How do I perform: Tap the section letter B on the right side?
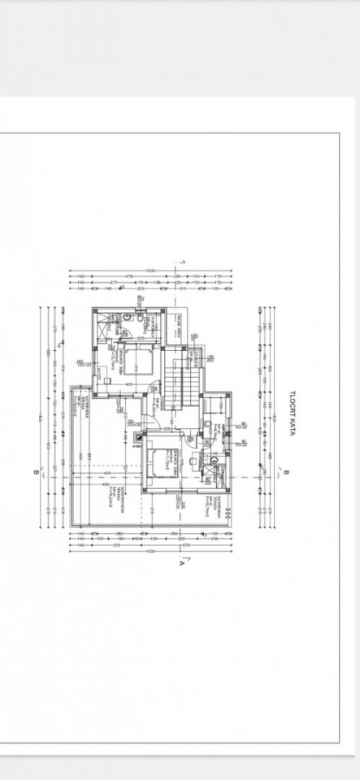[x=284, y=472]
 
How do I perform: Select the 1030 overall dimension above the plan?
[x=151, y=271]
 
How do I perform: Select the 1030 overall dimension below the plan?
[x=151, y=552]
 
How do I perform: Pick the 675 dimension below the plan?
[x=187, y=545]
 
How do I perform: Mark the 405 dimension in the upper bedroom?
[x=129, y=383]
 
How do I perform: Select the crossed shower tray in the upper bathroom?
[x=103, y=326]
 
